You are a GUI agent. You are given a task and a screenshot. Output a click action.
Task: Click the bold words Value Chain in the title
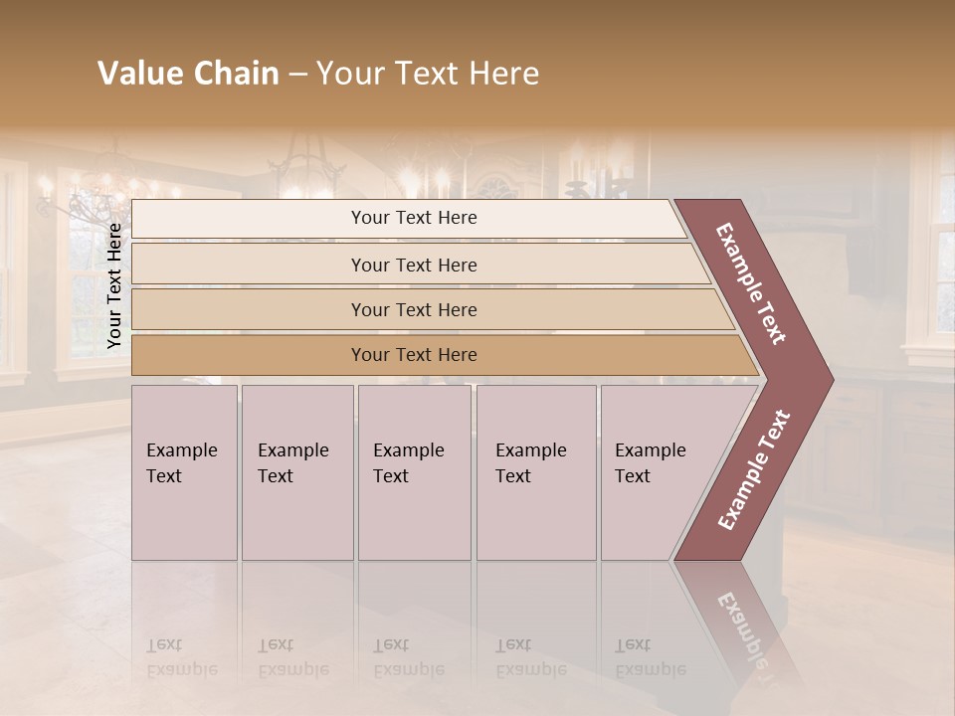pyautogui.click(x=188, y=74)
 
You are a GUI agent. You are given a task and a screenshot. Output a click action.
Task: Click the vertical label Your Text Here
pyautogui.click(x=114, y=285)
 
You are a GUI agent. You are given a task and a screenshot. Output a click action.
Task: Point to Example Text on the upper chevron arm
pyautogui.click(x=751, y=283)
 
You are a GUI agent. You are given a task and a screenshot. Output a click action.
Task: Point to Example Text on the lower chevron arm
pyautogui.click(x=754, y=469)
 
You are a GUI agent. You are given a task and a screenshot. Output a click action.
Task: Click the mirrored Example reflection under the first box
pyautogui.click(x=182, y=658)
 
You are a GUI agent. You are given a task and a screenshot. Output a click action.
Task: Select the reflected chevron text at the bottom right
pyautogui.click(x=741, y=626)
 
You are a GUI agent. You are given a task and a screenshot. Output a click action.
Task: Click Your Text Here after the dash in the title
pyautogui.click(x=428, y=74)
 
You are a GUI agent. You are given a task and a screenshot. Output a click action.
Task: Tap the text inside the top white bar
pyautogui.click(x=414, y=218)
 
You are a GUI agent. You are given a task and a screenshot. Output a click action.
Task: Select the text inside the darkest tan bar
pyautogui.click(x=414, y=355)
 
